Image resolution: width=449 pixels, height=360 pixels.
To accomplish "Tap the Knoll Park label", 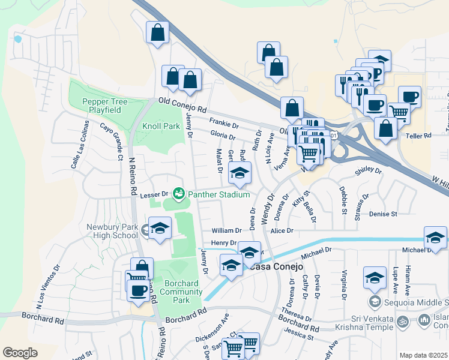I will (161, 127).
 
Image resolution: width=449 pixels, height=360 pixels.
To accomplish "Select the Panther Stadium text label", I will (218, 194).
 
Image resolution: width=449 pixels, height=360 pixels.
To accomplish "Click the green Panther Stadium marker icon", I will (178, 194).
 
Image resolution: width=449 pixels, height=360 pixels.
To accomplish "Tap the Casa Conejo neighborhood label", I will (275, 266).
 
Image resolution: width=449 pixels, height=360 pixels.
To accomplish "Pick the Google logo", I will (20, 353).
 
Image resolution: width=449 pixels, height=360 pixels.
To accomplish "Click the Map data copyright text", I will (423, 355).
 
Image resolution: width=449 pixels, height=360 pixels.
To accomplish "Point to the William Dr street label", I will (226, 230).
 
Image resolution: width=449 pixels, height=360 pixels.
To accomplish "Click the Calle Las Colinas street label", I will (79, 143).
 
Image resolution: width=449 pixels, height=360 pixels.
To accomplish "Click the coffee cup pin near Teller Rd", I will (410, 96).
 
